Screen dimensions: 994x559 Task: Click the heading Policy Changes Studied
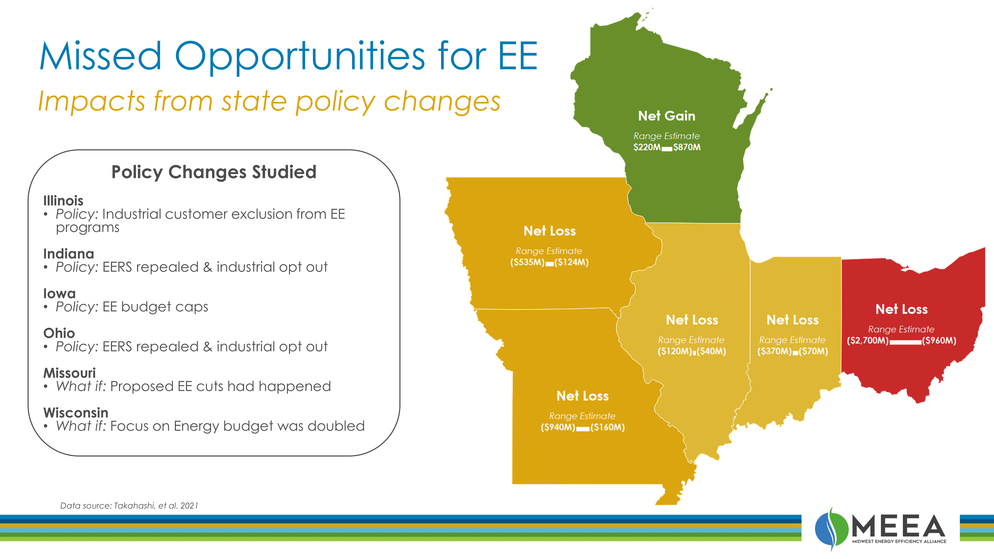214,172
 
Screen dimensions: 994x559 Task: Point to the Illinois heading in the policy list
63,201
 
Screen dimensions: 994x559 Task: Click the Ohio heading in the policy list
59,333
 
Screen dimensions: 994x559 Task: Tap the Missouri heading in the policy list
70,373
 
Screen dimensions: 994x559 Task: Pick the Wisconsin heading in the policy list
76,413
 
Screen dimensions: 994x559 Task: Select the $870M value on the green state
687,147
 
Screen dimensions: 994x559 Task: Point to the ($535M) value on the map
527,262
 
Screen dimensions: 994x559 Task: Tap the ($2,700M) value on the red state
868,341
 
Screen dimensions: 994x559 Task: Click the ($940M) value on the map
558,427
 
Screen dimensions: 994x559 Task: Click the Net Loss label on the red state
901,309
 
